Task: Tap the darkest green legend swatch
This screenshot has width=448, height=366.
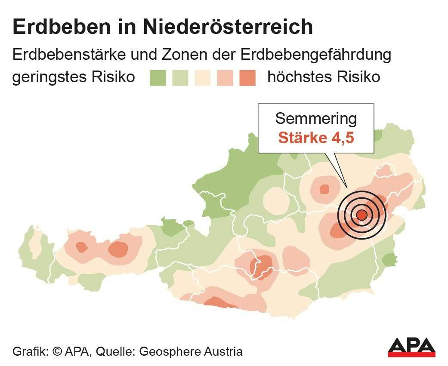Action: [x=158, y=78]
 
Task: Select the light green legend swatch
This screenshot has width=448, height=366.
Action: [x=180, y=78]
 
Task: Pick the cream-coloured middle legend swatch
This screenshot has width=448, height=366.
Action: [x=202, y=78]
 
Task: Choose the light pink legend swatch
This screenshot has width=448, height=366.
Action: [x=225, y=78]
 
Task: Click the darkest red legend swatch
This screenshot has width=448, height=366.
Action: [x=247, y=78]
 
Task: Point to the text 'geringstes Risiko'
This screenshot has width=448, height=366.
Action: [x=74, y=77]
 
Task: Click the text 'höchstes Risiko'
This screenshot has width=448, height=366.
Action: [x=324, y=77]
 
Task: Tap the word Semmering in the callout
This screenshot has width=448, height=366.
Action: [x=316, y=118]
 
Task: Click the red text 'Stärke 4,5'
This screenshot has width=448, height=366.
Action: [x=316, y=138]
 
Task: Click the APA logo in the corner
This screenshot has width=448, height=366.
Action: [x=411, y=347]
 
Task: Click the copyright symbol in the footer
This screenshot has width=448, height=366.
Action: [x=57, y=351]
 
